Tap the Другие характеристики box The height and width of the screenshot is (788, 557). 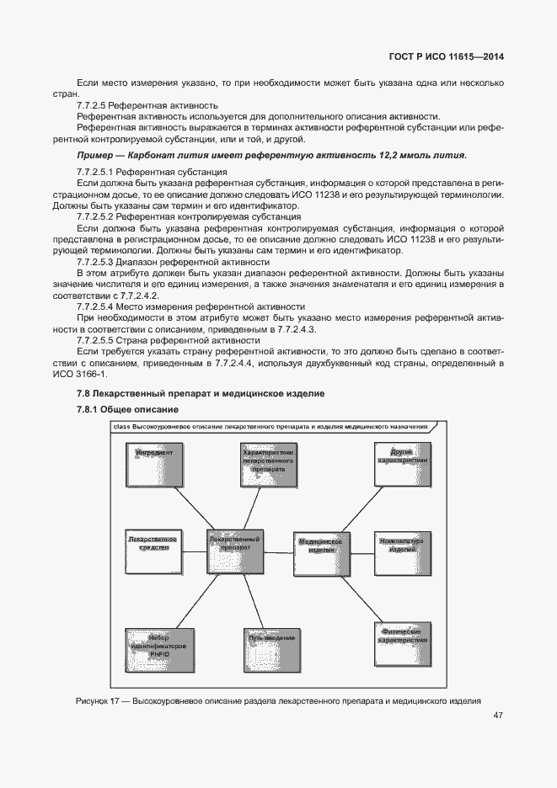click(x=402, y=462)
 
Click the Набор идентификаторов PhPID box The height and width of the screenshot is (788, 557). click(x=154, y=649)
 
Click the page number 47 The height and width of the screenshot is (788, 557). click(x=498, y=716)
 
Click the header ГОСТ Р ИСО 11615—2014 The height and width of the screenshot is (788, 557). click(x=450, y=57)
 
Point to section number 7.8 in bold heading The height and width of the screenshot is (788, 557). click(x=83, y=393)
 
